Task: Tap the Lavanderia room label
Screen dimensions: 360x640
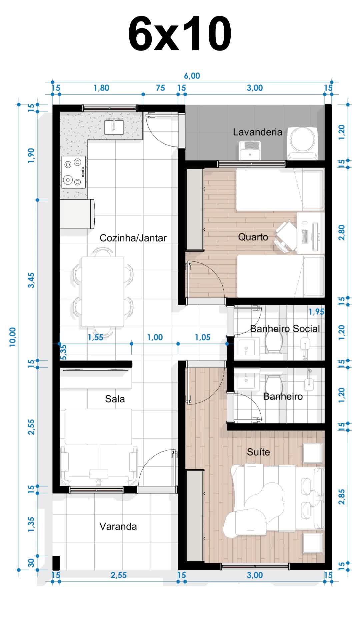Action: tap(257, 132)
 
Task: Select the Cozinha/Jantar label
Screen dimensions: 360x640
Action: tap(133, 238)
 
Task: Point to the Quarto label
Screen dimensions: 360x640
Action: tap(253, 237)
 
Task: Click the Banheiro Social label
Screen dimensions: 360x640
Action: tap(285, 329)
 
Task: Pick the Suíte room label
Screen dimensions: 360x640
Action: tap(258, 452)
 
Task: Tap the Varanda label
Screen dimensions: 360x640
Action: tap(118, 526)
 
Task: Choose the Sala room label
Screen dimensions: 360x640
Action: tap(115, 399)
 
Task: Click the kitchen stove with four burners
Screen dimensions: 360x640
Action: tap(73, 172)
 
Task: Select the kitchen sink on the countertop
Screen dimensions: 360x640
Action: tap(114, 127)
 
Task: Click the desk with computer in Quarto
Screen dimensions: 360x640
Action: tap(311, 232)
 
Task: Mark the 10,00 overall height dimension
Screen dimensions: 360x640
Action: tap(13, 337)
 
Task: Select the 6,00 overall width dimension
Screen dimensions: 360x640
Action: tap(192, 76)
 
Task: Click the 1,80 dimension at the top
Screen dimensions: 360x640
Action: tap(101, 88)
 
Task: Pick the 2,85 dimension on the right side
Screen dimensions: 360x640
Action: tap(342, 497)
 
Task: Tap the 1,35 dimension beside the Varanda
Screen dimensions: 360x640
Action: tap(31, 524)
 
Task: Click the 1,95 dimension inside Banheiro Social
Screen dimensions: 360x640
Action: tap(316, 312)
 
